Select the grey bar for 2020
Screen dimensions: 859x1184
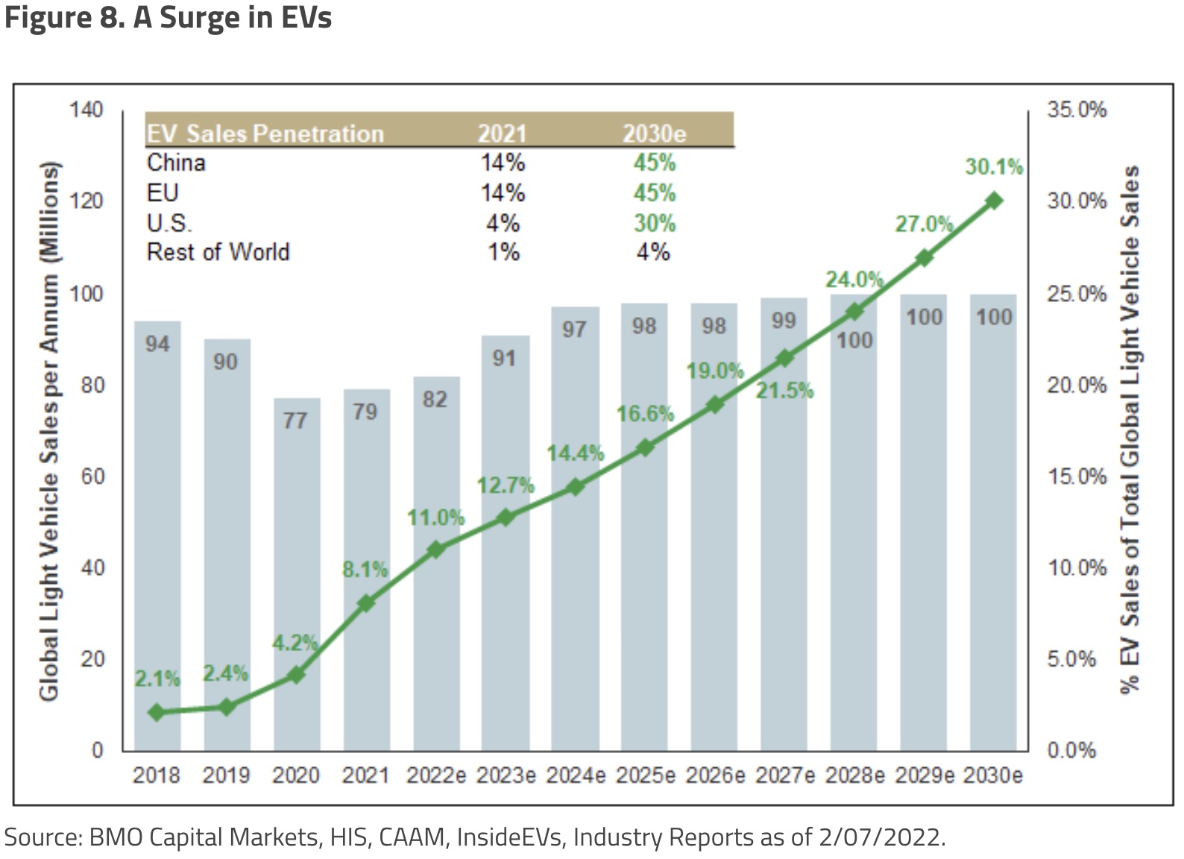tap(297, 574)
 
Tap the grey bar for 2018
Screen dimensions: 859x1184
tap(157, 537)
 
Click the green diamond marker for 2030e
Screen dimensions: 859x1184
tap(994, 201)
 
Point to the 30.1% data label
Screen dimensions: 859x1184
tap(993, 166)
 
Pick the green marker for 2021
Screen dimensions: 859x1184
tap(365, 603)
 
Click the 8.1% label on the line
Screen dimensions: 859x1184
tap(365, 570)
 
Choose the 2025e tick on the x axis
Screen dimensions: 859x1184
tap(645, 775)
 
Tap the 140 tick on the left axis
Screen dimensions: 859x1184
tap(86, 110)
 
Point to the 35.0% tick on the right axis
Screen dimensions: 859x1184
tap(1076, 110)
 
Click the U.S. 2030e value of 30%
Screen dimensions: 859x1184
tap(654, 223)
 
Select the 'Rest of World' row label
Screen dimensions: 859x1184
tap(218, 252)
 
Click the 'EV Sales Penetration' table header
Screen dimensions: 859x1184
tap(265, 133)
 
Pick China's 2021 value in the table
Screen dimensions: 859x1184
tap(503, 163)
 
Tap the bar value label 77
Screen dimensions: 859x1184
tap(295, 421)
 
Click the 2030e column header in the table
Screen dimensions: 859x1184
tap(654, 133)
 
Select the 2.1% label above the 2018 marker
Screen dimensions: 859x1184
tap(157, 679)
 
